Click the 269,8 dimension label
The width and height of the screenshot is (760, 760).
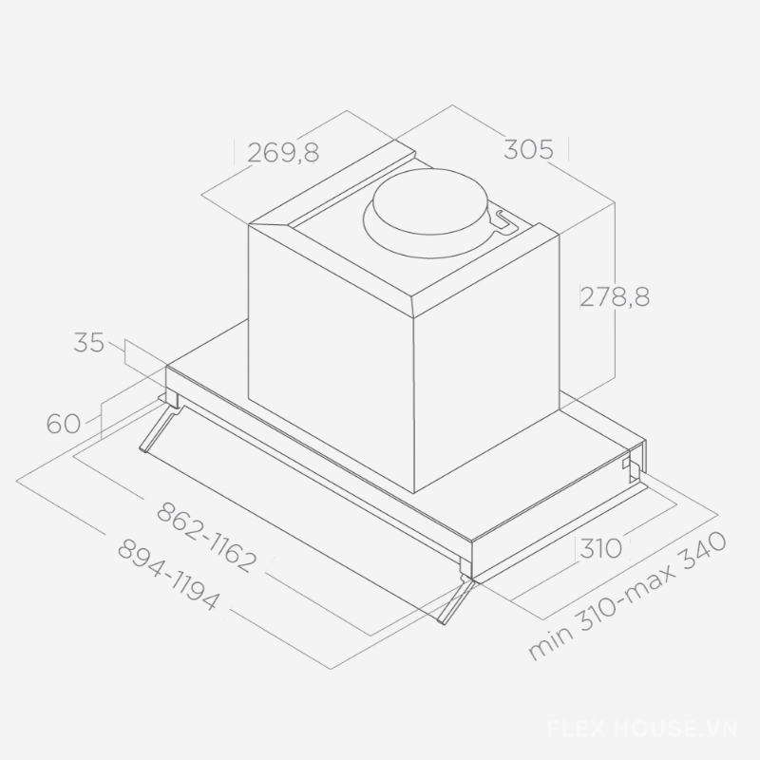(x=283, y=153)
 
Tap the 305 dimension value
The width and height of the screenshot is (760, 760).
(x=528, y=149)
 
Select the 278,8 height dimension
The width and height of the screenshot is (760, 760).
(x=615, y=296)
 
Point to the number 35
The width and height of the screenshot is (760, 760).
(x=88, y=343)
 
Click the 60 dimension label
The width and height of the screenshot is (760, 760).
(x=63, y=424)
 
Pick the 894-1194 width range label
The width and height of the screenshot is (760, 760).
(x=168, y=576)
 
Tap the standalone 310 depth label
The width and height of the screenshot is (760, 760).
(x=600, y=548)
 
